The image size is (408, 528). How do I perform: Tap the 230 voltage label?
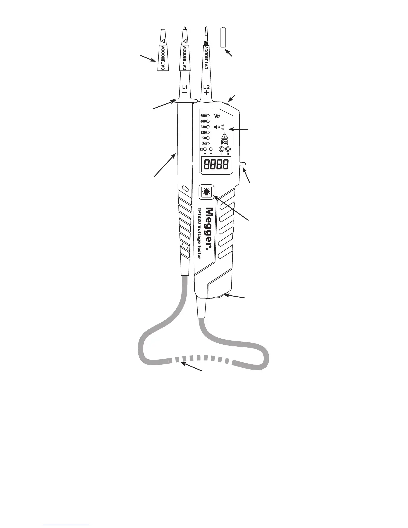203,127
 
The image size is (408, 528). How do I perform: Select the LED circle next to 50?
208,138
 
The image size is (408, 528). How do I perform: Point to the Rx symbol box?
225,142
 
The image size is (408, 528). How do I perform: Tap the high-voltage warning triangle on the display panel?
225,136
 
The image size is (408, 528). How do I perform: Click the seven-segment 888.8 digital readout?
216,165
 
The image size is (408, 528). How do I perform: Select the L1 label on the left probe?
184,87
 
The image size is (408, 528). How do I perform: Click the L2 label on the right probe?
206,87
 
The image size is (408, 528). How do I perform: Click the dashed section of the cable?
203,359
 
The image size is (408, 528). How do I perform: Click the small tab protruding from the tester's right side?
243,164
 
